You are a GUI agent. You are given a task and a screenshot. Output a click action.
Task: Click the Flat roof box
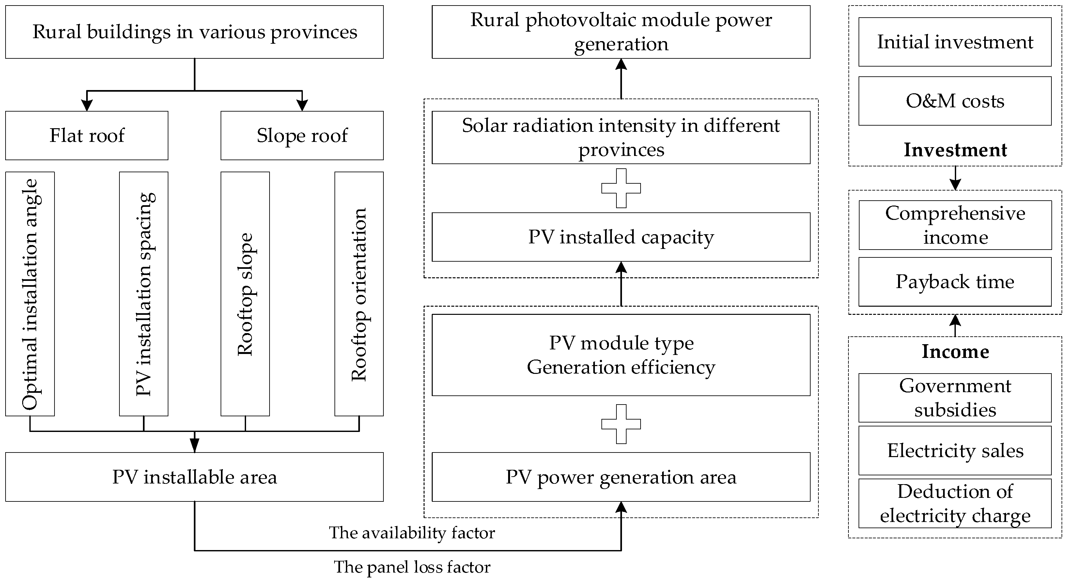click(86, 135)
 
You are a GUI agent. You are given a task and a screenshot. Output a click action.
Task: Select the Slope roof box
click(302, 135)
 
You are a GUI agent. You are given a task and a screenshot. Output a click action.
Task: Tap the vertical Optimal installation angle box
click(30, 294)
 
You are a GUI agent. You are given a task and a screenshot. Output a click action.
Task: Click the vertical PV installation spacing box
click(144, 294)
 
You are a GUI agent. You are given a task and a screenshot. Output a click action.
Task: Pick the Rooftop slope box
click(245, 294)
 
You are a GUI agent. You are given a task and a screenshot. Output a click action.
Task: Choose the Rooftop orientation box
click(359, 294)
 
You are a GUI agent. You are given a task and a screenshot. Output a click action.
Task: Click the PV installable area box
click(194, 477)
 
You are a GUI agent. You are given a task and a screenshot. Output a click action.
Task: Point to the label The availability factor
click(411, 532)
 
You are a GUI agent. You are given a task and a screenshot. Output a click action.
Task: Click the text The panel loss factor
click(411, 567)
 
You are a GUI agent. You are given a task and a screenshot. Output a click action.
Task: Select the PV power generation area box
click(621, 477)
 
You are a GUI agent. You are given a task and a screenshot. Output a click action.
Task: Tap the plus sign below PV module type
click(621, 424)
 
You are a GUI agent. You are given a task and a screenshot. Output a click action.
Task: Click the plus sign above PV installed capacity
click(621, 188)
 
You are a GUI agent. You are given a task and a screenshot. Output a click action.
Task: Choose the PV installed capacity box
click(621, 237)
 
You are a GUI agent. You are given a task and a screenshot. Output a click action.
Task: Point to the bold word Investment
click(955, 150)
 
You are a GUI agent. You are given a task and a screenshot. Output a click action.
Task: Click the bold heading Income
click(955, 352)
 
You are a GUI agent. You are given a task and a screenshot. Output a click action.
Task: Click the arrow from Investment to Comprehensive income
click(955, 178)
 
